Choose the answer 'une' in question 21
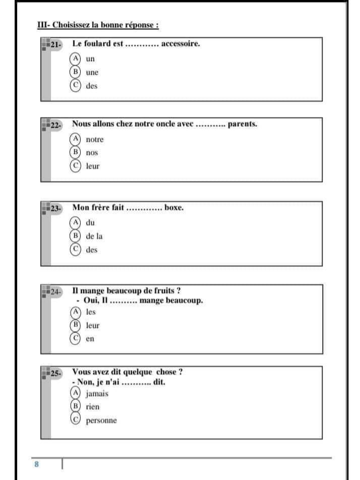92,73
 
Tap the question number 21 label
56,45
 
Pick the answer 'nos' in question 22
92,152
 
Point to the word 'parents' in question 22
243,124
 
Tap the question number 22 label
56,126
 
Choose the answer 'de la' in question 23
94,236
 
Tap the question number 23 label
56,208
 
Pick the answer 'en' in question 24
90,339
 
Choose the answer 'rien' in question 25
93,406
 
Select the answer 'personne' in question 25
101,421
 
